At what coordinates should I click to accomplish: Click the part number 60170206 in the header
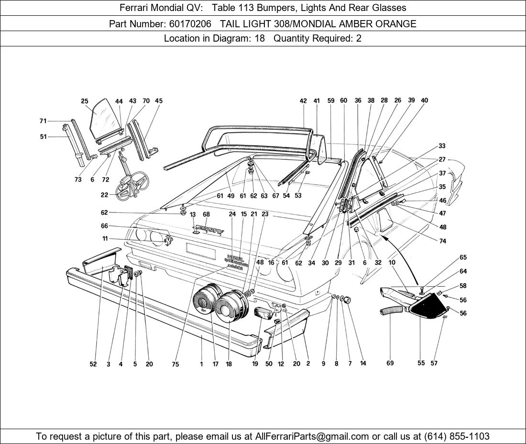[x=190, y=23]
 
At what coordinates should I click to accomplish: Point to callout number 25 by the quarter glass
[x=85, y=101]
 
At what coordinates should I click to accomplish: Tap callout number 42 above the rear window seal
[x=303, y=101]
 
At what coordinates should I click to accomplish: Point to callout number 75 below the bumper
[x=175, y=364]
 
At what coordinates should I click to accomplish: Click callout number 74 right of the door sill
[x=442, y=241]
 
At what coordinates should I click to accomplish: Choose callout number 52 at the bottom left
[x=93, y=364]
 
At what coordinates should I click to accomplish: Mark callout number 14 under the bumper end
[x=363, y=364]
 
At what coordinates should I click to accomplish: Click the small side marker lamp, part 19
[x=263, y=314]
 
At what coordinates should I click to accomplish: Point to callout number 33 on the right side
[x=441, y=146]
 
